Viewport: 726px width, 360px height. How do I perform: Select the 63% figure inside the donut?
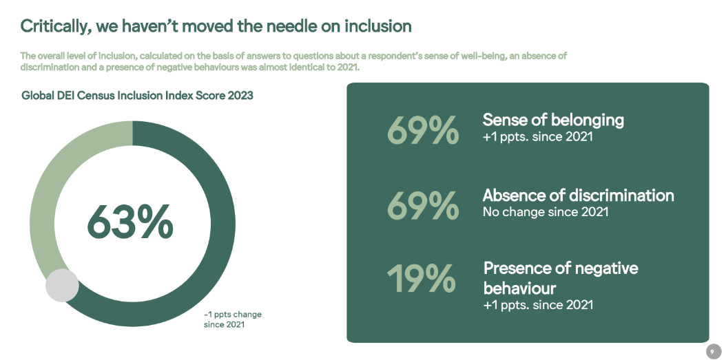point(130,222)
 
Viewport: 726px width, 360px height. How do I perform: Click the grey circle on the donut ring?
point(63,285)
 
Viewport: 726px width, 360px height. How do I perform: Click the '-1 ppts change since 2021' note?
point(233,319)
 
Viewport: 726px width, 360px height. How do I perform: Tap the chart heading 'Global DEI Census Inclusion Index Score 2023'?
point(137,96)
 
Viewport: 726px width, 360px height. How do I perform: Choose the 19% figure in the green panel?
point(421,278)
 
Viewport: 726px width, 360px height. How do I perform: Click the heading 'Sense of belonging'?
point(553,120)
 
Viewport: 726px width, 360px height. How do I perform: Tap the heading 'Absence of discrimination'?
point(578,195)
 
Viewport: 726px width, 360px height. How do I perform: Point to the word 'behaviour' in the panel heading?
point(519,287)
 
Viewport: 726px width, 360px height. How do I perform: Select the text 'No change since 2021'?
point(546,212)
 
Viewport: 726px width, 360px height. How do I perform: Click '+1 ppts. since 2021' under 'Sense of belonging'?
point(537,137)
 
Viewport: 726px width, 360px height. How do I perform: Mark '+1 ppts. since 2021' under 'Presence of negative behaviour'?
point(537,304)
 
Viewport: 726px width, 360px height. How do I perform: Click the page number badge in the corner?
point(712,351)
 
